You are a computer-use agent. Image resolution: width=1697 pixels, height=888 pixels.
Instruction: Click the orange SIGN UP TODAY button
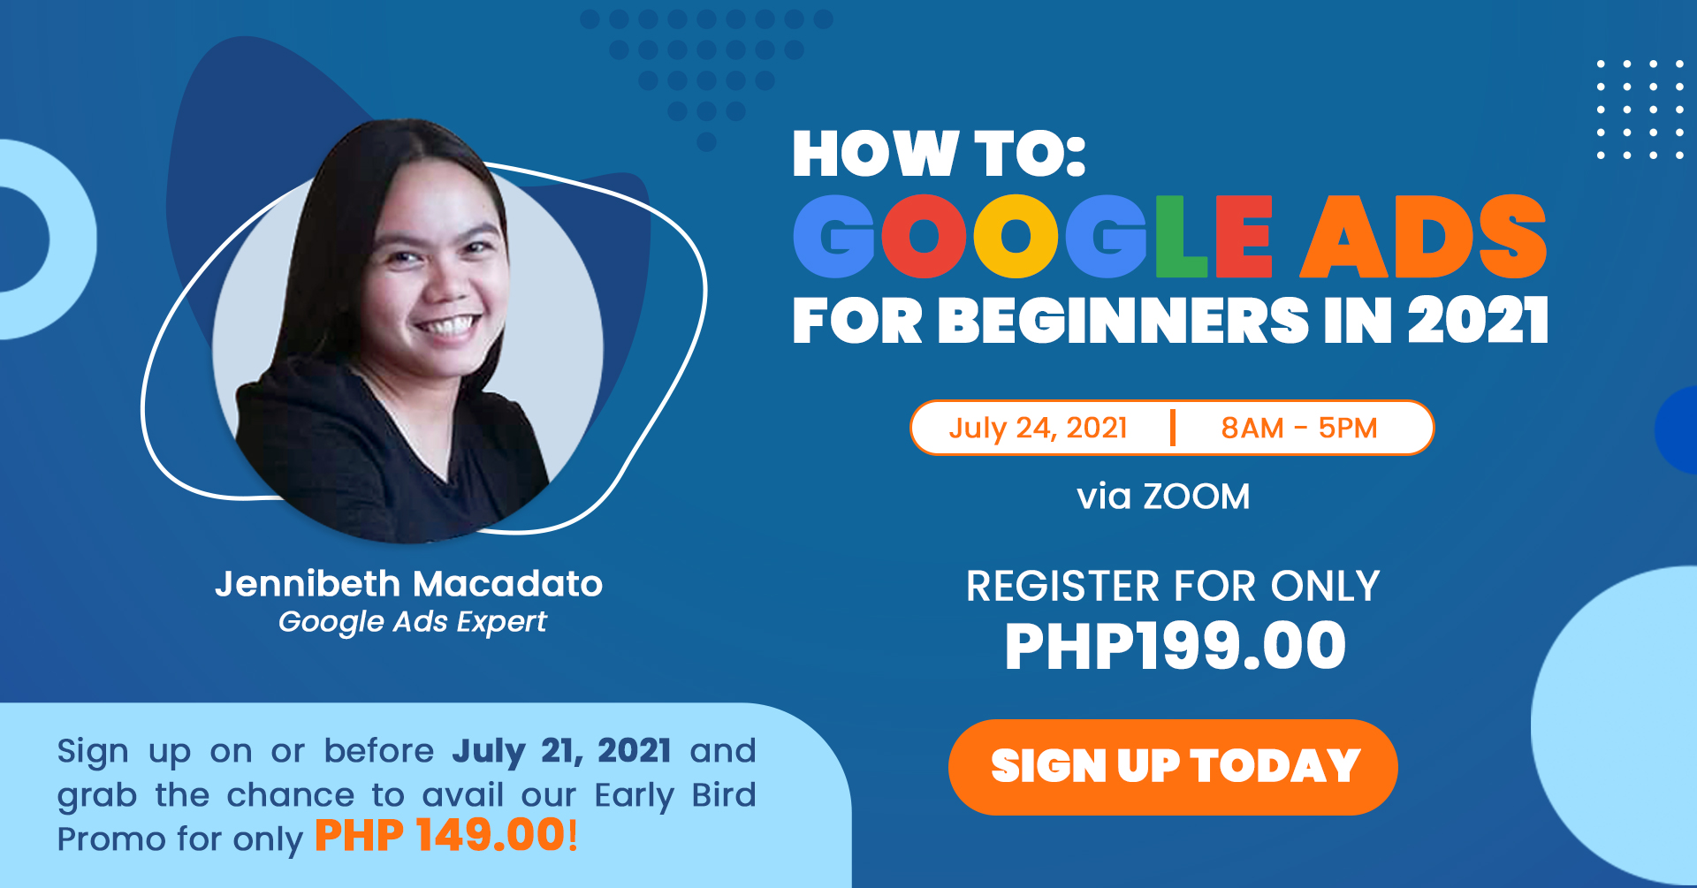[1173, 767]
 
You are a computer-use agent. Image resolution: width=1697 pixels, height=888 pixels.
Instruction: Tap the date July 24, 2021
[1038, 429]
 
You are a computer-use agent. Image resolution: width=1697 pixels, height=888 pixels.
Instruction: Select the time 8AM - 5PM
[1299, 428]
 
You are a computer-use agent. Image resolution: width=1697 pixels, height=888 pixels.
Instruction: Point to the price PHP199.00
[1175, 646]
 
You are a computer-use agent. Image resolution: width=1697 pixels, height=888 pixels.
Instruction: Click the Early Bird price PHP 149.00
[439, 835]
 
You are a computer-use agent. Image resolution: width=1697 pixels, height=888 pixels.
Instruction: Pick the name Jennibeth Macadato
[408, 584]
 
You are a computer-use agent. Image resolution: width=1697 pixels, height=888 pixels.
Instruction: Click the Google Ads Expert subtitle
[413, 622]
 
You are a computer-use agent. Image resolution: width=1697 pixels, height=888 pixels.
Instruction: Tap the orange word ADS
[1424, 237]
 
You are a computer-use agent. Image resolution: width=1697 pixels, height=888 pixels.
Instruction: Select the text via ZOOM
[1163, 497]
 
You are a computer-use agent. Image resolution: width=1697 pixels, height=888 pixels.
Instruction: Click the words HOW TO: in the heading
[939, 154]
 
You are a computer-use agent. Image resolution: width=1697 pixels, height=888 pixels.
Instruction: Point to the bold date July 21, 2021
[561, 751]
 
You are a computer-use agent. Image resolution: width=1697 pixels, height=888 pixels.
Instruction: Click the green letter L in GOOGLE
[1181, 237]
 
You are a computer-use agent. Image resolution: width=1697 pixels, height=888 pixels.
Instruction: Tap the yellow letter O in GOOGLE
[1016, 237]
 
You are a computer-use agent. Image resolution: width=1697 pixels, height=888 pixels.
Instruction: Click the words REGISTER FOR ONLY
[1173, 586]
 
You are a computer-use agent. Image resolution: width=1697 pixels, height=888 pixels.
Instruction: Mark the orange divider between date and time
[1173, 428]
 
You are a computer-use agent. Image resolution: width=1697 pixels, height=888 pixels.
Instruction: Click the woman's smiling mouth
[449, 325]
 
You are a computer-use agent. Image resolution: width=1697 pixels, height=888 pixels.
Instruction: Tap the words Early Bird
[675, 795]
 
